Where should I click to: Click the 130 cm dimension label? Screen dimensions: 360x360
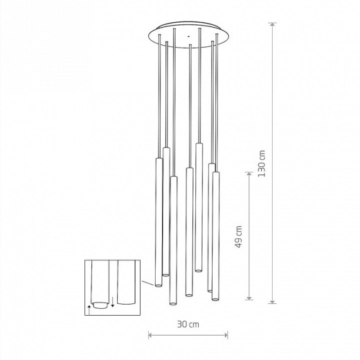point(262,163)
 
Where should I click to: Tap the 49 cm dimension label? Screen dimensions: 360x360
point(239,237)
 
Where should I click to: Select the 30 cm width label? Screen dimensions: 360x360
point(188,324)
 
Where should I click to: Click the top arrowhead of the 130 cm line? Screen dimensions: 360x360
point(273,25)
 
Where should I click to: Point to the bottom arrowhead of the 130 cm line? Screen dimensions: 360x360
point(273,300)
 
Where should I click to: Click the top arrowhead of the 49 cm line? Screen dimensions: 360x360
point(249,174)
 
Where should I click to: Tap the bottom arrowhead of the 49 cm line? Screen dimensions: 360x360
point(249,298)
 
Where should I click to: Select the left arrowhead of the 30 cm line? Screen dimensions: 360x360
point(151,335)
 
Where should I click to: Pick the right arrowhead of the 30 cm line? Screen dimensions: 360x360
point(225,335)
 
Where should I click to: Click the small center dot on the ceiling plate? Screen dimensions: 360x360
point(188,36)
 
